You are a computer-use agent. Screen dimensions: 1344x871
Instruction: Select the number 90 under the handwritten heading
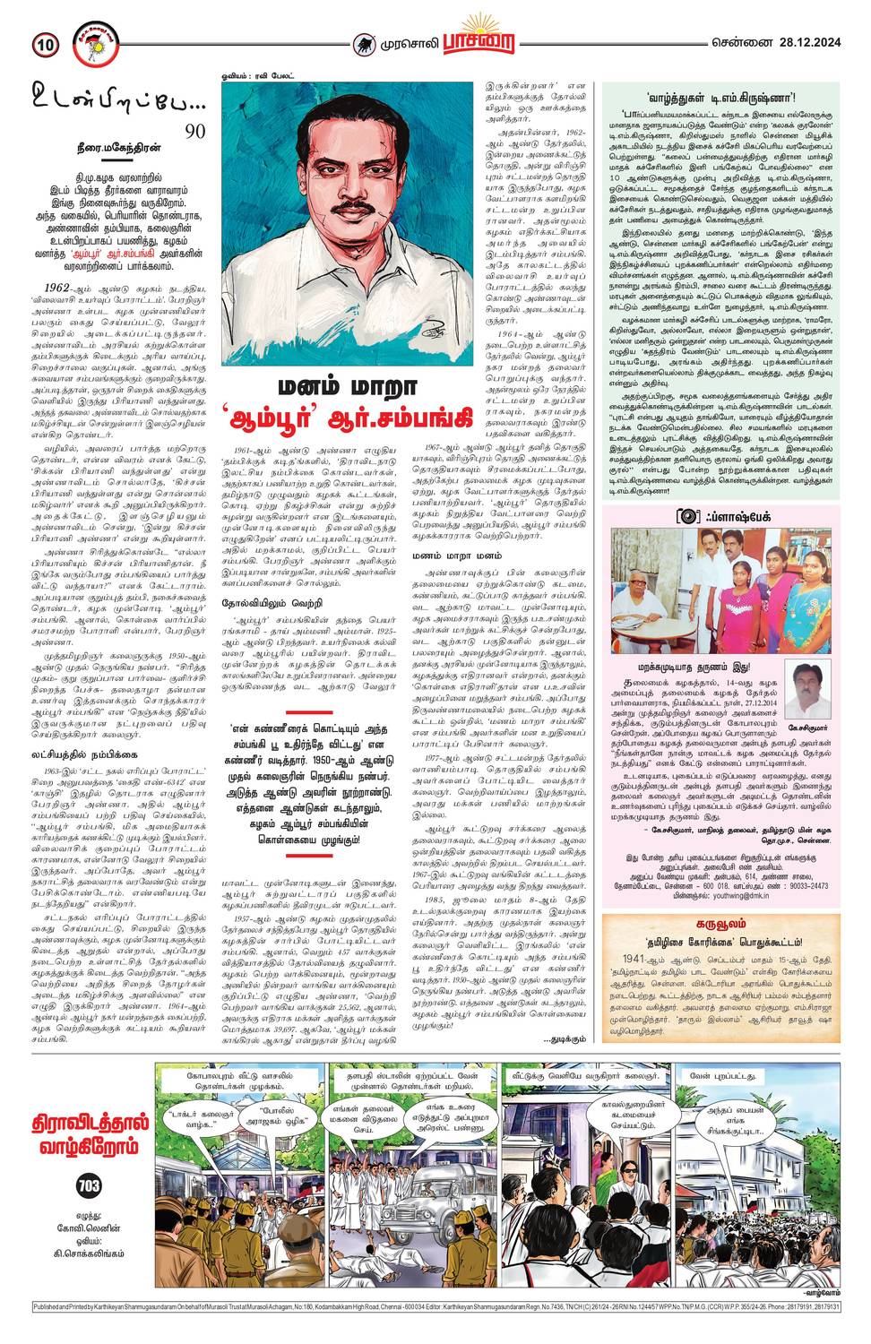pos(194,132)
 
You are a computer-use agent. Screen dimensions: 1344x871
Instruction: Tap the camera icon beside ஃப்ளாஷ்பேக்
pos(686,516)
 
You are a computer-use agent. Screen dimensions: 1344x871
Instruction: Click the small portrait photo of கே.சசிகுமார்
pos(812,689)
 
